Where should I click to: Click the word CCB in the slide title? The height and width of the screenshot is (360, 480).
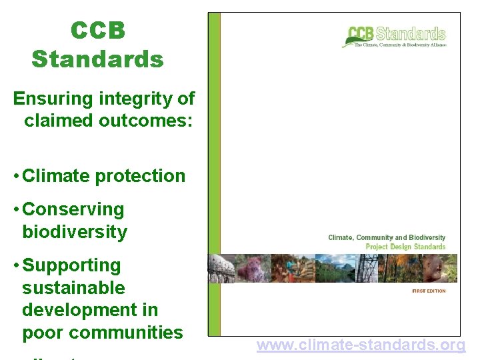click(97, 31)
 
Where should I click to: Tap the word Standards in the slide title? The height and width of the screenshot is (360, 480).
click(97, 59)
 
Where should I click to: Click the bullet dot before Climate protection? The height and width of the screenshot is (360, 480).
click(17, 176)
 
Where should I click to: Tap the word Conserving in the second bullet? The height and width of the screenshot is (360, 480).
click(73, 209)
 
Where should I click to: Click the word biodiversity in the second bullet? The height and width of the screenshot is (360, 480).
click(75, 232)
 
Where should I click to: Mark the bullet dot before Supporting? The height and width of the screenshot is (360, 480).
click(17, 265)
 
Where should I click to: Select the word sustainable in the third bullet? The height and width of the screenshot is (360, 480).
click(73, 288)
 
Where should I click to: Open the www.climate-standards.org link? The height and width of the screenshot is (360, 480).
click(361, 345)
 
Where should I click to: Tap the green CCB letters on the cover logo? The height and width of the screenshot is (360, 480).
click(361, 33)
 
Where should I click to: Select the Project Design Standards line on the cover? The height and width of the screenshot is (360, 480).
click(405, 247)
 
